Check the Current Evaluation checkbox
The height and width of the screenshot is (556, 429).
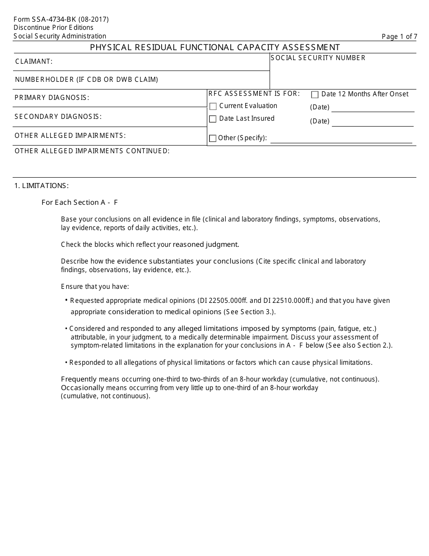click(x=213, y=106)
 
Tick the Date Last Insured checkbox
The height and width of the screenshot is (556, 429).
click(x=213, y=119)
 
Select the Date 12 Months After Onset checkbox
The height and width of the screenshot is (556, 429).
click(x=315, y=94)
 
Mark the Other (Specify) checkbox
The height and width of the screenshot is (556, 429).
click(x=213, y=138)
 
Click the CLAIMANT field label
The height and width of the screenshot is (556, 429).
click(x=34, y=61)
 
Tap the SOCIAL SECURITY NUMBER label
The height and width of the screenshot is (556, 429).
click(x=318, y=58)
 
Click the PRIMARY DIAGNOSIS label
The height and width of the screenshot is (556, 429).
click(x=52, y=98)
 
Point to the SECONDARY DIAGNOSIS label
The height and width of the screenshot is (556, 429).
click(x=58, y=117)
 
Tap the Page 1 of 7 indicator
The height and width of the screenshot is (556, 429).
click(x=399, y=37)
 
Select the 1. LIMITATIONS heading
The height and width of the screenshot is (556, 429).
click(x=42, y=186)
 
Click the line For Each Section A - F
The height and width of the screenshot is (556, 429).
click(x=80, y=203)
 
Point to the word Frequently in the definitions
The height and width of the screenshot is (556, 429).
click(x=79, y=379)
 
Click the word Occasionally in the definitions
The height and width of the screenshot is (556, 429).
click(x=83, y=388)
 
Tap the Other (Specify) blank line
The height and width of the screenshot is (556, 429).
click(x=341, y=140)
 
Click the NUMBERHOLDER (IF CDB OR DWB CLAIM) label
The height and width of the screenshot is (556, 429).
click(x=87, y=80)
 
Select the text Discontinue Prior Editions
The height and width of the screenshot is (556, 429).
click(x=53, y=28)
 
